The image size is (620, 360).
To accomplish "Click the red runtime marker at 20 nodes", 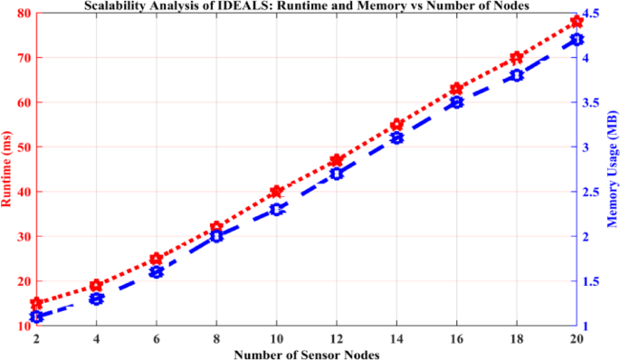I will tap(577, 21).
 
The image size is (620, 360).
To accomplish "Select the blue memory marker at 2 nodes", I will tap(36, 317).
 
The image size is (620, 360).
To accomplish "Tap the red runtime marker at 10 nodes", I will tap(277, 192).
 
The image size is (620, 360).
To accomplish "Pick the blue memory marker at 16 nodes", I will tap(457, 102).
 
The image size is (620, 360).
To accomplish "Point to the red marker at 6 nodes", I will tap(157, 259).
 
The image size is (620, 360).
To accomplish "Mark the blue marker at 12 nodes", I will tap(337, 174).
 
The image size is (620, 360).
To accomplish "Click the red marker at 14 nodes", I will tap(396, 125).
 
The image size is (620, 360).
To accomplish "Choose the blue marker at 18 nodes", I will tap(517, 75).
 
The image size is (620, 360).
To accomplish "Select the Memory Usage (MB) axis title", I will tap(612, 169).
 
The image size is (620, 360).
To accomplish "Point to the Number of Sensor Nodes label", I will tap(306, 354).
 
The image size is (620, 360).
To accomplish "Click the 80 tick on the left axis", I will tap(20, 14).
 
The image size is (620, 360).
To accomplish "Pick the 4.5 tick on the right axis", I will tap(592, 14).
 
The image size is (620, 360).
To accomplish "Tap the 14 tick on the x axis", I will tap(396, 338).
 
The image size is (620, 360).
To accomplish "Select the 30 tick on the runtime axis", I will tap(20, 237).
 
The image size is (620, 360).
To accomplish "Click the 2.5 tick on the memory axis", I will tap(592, 192).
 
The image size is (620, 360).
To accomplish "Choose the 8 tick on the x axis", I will tap(216, 338).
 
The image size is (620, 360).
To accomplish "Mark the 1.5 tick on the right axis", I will tap(592, 281).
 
